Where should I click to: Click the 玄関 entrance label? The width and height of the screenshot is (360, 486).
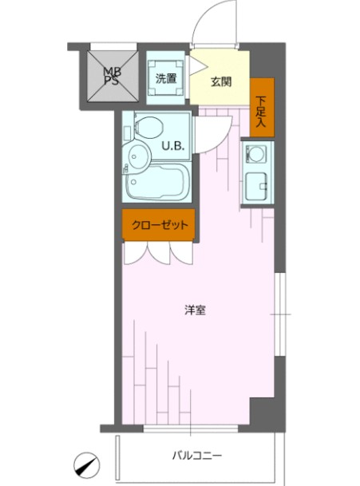click(x=221, y=81)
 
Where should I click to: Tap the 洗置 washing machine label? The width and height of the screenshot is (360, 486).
click(x=166, y=78)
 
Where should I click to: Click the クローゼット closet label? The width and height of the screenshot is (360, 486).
click(x=159, y=225)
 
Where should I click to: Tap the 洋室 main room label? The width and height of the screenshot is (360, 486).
click(x=196, y=310)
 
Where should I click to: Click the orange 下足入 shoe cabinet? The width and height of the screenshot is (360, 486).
click(x=262, y=107)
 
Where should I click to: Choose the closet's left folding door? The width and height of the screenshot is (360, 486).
click(x=136, y=251)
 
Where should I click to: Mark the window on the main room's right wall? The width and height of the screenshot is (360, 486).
click(x=279, y=314)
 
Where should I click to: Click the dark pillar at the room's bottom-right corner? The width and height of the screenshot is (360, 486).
click(x=266, y=410)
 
